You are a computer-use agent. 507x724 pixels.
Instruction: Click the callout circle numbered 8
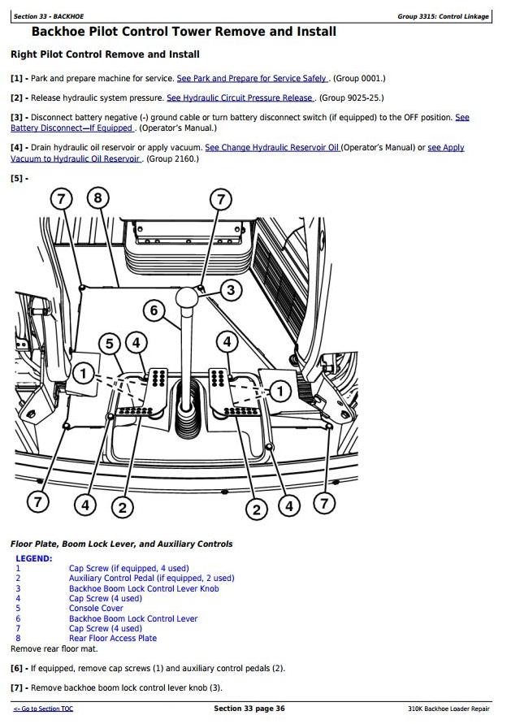97,198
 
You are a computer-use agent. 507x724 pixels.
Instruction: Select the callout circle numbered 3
231,290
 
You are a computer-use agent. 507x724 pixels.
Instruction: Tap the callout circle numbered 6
154,310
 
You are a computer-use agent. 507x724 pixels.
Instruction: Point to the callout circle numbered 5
110,344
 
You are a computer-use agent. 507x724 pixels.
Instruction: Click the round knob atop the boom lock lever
188,297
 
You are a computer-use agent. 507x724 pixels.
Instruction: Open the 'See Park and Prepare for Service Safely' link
252,79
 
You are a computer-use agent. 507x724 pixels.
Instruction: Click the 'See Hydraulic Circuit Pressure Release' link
240,98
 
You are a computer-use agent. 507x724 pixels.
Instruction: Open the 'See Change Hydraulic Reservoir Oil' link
272,148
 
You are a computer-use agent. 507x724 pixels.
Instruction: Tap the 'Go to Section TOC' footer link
43,709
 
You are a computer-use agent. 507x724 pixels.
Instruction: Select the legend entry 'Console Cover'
96,608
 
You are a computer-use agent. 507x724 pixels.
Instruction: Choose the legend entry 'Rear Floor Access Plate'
113,638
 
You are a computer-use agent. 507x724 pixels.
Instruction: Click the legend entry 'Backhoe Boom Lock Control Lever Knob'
144,588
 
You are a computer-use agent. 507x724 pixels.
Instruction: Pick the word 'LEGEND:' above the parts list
34,558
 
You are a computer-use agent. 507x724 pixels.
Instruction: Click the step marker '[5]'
16,178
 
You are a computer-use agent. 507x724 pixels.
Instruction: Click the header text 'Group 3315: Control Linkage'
443,16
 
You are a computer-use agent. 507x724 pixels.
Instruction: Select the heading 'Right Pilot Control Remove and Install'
106,54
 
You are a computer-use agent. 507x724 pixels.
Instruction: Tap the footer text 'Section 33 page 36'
249,709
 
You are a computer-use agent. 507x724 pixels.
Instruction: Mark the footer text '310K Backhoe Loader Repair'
448,709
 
